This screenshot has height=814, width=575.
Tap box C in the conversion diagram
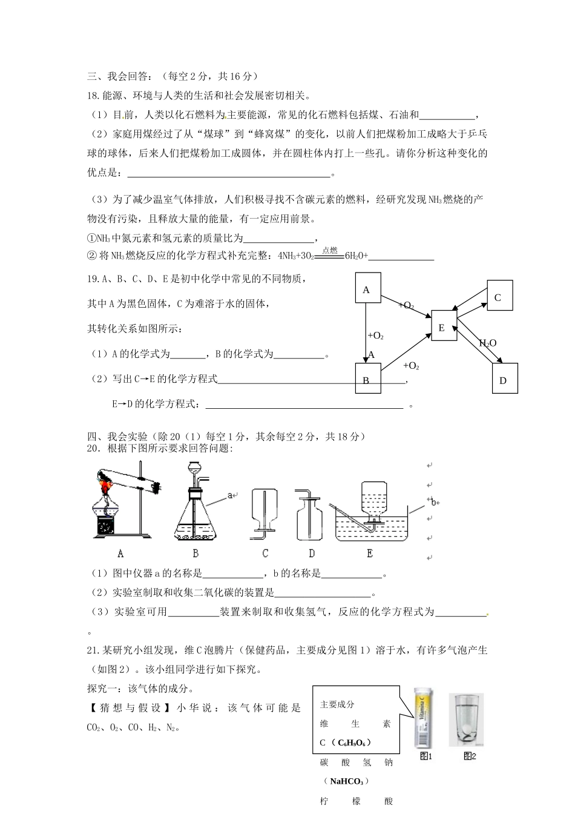click(x=499, y=297)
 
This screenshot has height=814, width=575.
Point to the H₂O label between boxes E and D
click(x=488, y=343)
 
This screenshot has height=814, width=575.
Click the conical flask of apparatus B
click(x=195, y=518)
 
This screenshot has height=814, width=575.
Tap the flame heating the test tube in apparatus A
click(x=107, y=484)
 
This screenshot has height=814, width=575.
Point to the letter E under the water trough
click(x=370, y=554)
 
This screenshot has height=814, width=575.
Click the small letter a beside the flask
click(x=230, y=495)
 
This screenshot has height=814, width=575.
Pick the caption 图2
click(x=470, y=756)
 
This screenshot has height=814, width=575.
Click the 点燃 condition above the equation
click(x=330, y=250)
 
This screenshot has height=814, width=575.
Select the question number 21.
click(x=94, y=651)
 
